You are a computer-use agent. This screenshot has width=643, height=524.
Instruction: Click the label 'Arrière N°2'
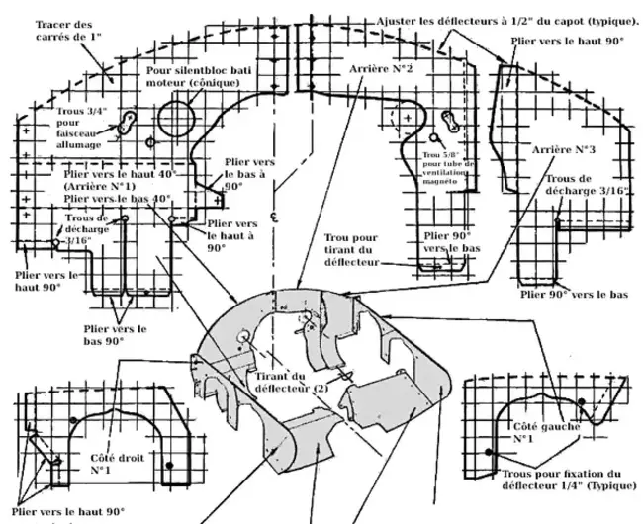point(381,70)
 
